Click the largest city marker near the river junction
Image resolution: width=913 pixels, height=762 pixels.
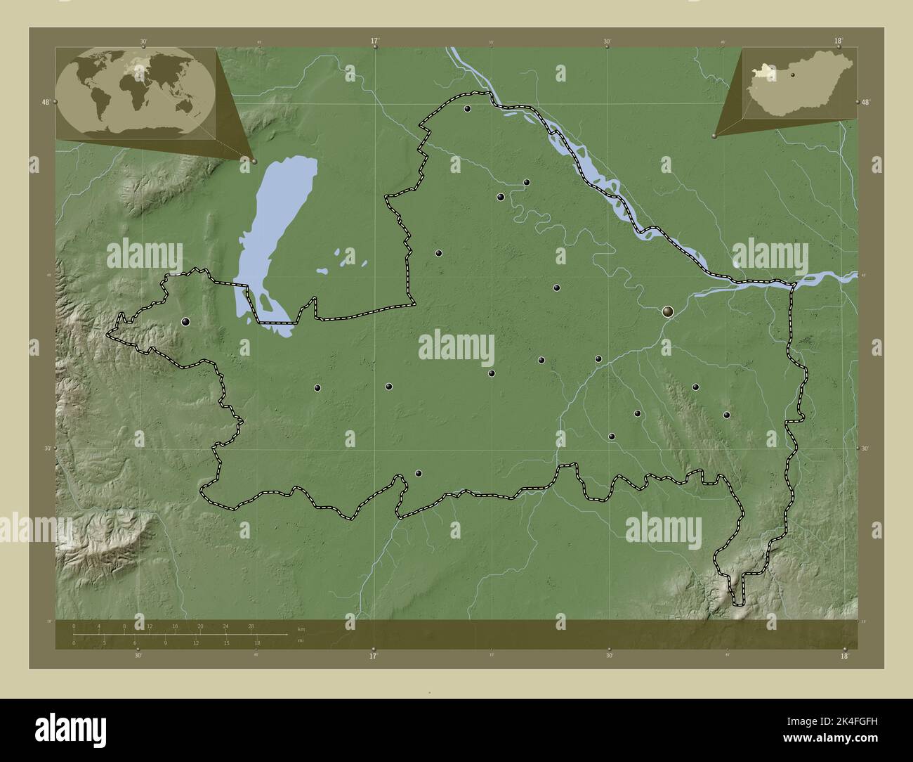pos(668,310)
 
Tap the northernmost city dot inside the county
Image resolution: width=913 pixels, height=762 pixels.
pos(467,109)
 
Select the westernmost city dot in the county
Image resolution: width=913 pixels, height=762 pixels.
pos(185,322)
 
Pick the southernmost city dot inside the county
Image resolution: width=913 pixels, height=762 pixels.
pos(419,474)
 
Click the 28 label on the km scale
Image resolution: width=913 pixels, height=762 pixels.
pos(251,626)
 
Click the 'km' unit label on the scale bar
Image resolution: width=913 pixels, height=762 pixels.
pos(301,629)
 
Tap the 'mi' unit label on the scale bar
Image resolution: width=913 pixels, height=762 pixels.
pos(301,640)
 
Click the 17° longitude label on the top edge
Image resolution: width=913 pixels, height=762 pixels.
pos(375,41)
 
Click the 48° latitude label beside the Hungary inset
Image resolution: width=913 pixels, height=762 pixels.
pos(865,103)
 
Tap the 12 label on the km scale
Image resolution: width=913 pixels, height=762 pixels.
pos(150,626)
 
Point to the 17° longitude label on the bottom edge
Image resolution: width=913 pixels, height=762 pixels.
pos(373,657)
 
